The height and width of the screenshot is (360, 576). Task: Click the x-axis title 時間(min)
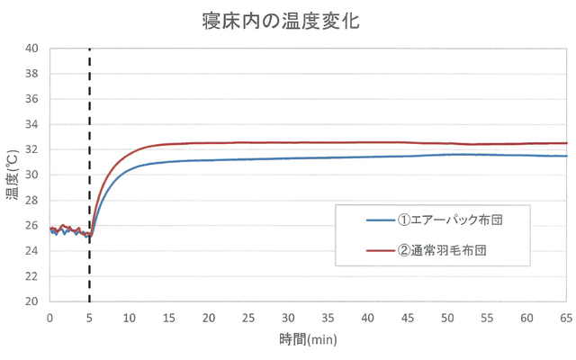tap(307, 340)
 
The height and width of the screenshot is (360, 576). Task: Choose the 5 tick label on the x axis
tap(89, 317)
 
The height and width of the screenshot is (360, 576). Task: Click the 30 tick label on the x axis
tap(288, 317)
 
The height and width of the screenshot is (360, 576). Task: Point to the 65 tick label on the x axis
tap(566, 317)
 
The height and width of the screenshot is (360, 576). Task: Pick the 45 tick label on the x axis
tap(407, 317)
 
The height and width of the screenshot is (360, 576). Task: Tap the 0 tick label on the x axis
tap(49, 317)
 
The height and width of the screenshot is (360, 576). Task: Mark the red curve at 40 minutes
tap(367, 142)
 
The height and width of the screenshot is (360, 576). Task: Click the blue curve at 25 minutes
tap(248, 159)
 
